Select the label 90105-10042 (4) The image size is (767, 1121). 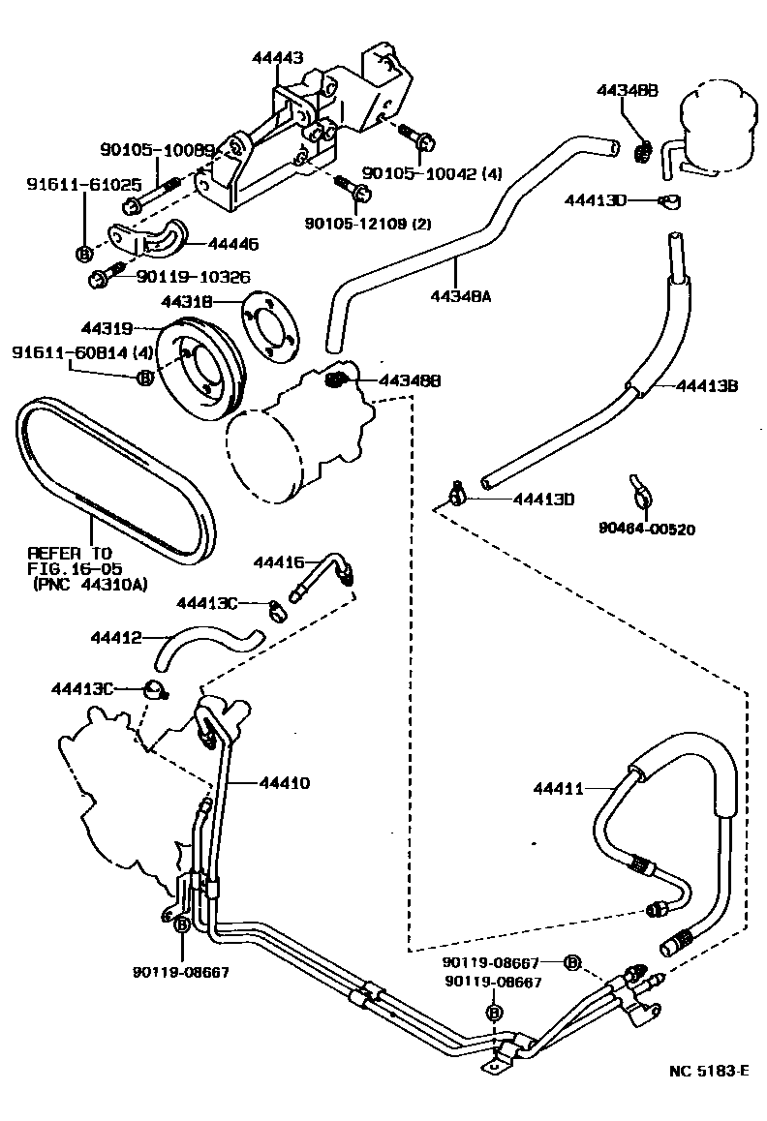point(420,173)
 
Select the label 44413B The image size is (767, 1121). point(707,386)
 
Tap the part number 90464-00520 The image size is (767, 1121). point(647,529)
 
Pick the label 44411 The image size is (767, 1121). point(559,789)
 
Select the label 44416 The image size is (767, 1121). point(279,561)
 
